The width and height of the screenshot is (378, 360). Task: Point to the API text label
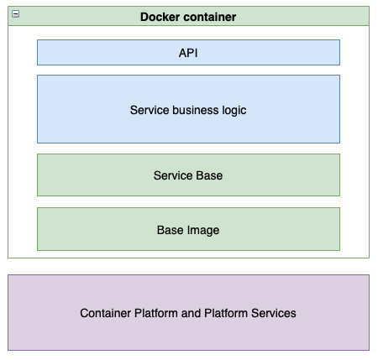[188, 53]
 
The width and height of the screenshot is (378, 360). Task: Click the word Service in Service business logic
[150, 110]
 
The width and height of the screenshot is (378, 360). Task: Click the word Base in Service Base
[209, 176]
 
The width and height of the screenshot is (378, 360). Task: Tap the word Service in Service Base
[173, 176]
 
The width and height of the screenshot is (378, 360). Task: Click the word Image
[205, 230]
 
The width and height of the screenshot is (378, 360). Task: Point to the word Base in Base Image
[171, 230]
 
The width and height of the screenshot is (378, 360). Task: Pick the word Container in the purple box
[106, 313]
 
